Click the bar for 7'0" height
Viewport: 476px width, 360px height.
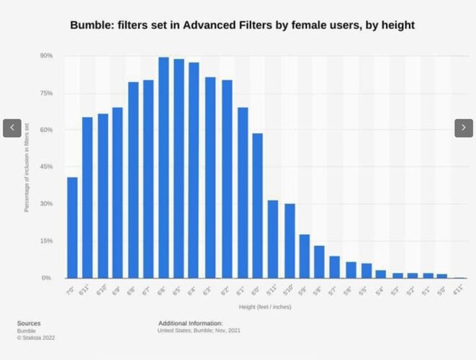pyautogui.click(x=72, y=228)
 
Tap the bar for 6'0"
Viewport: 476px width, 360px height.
pyautogui.click(x=257, y=206)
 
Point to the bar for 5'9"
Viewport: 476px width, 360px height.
pyautogui.click(x=305, y=256)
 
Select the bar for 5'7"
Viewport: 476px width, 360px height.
pyautogui.click(x=335, y=267)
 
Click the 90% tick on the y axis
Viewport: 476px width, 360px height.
pyautogui.click(x=46, y=55)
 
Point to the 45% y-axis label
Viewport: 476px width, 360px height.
pyautogui.click(x=46, y=166)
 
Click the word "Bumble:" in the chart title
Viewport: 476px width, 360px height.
pyautogui.click(x=91, y=25)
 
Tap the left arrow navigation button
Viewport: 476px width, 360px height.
pyautogui.click(x=12, y=127)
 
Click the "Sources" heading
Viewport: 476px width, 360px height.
pyautogui.click(x=29, y=323)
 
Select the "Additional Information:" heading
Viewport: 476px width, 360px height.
pyautogui.click(x=190, y=323)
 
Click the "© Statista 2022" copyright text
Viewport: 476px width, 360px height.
pyautogui.click(x=36, y=337)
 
